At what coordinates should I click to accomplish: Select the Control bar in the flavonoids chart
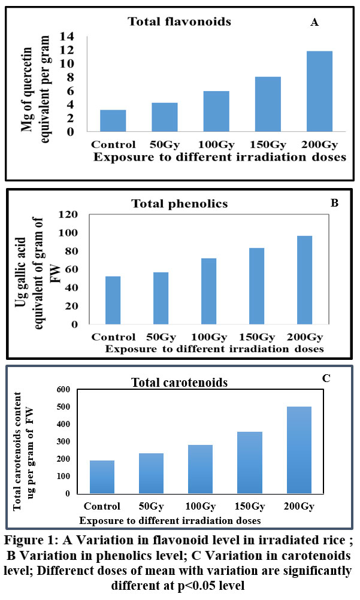(x=113, y=121)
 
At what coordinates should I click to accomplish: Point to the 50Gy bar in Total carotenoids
(x=151, y=473)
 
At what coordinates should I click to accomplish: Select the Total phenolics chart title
(x=180, y=204)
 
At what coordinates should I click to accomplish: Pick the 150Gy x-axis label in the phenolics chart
(x=256, y=337)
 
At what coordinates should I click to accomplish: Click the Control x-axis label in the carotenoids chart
(x=102, y=506)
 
